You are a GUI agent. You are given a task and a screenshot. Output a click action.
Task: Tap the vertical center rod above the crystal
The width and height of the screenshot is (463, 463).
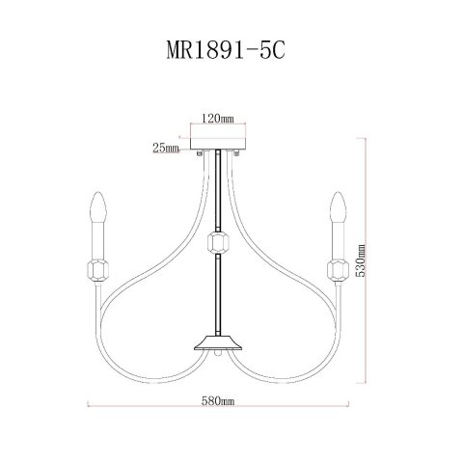pos(220,193)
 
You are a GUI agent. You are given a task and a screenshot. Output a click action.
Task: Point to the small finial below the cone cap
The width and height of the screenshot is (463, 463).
pos(220,357)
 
